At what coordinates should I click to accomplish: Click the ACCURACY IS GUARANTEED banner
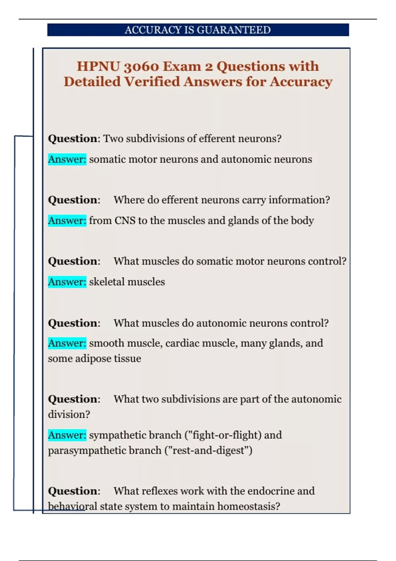coord(198,30)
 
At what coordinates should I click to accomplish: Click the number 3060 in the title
coord(141,67)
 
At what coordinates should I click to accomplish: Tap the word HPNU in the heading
coord(98,67)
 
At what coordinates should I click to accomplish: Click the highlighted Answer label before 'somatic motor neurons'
coord(67,159)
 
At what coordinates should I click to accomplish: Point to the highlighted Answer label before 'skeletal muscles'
coord(67,282)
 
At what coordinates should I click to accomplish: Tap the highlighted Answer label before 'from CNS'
coord(67,220)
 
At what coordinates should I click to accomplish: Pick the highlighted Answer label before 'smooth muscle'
coord(67,343)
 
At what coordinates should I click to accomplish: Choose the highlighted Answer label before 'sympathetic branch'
coord(67,435)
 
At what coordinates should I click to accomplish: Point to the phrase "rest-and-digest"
coord(208,450)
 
